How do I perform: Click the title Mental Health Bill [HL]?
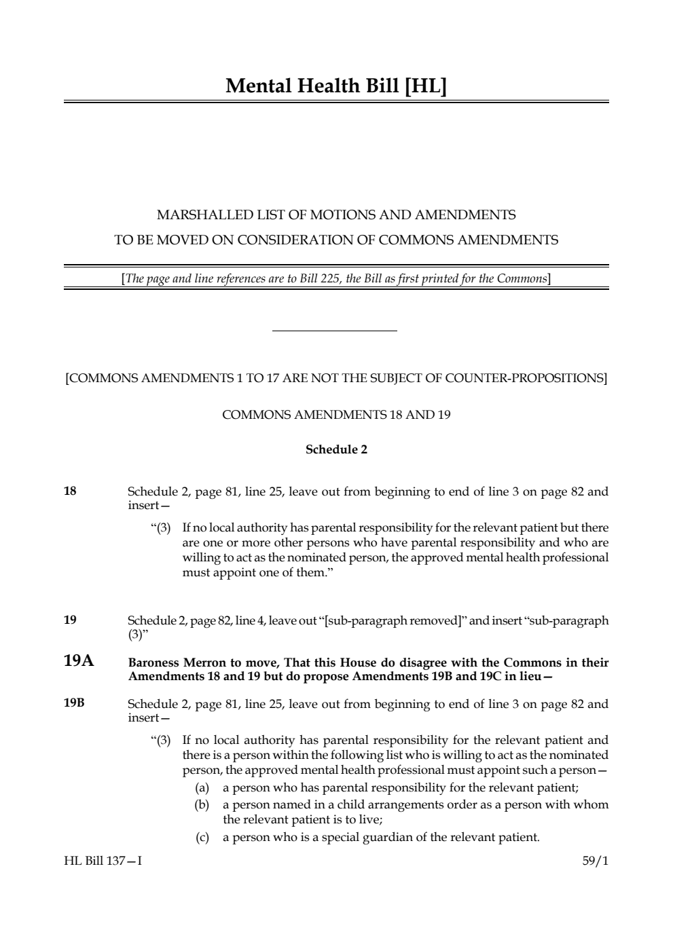pyautogui.click(x=336, y=86)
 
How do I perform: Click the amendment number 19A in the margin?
pyautogui.click(x=79, y=660)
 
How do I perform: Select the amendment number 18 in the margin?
pyautogui.click(x=70, y=491)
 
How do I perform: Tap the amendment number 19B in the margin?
pyautogui.click(x=74, y=703)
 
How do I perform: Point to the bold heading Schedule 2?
pyautogui.click(x=336, y=449)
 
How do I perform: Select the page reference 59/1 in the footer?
pyautogui.click(x=595, y=861)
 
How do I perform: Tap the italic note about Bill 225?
pyautogui.click(x=336, y=278)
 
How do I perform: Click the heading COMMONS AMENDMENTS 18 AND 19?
pyautogui.click(x=336, y=414)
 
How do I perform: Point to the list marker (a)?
pyautogui.click(x=202, y=787)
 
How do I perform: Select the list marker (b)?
pyautogui.click(x=202, y=804)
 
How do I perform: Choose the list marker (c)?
pyautogui.click(x=202, y=837)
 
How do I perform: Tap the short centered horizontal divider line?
pyautogui.click(x=334, y=331)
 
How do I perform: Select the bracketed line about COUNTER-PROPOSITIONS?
pyautogui.click(x=336, y=377)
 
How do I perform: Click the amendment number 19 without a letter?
pyautogui.click(x=70, y=619)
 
